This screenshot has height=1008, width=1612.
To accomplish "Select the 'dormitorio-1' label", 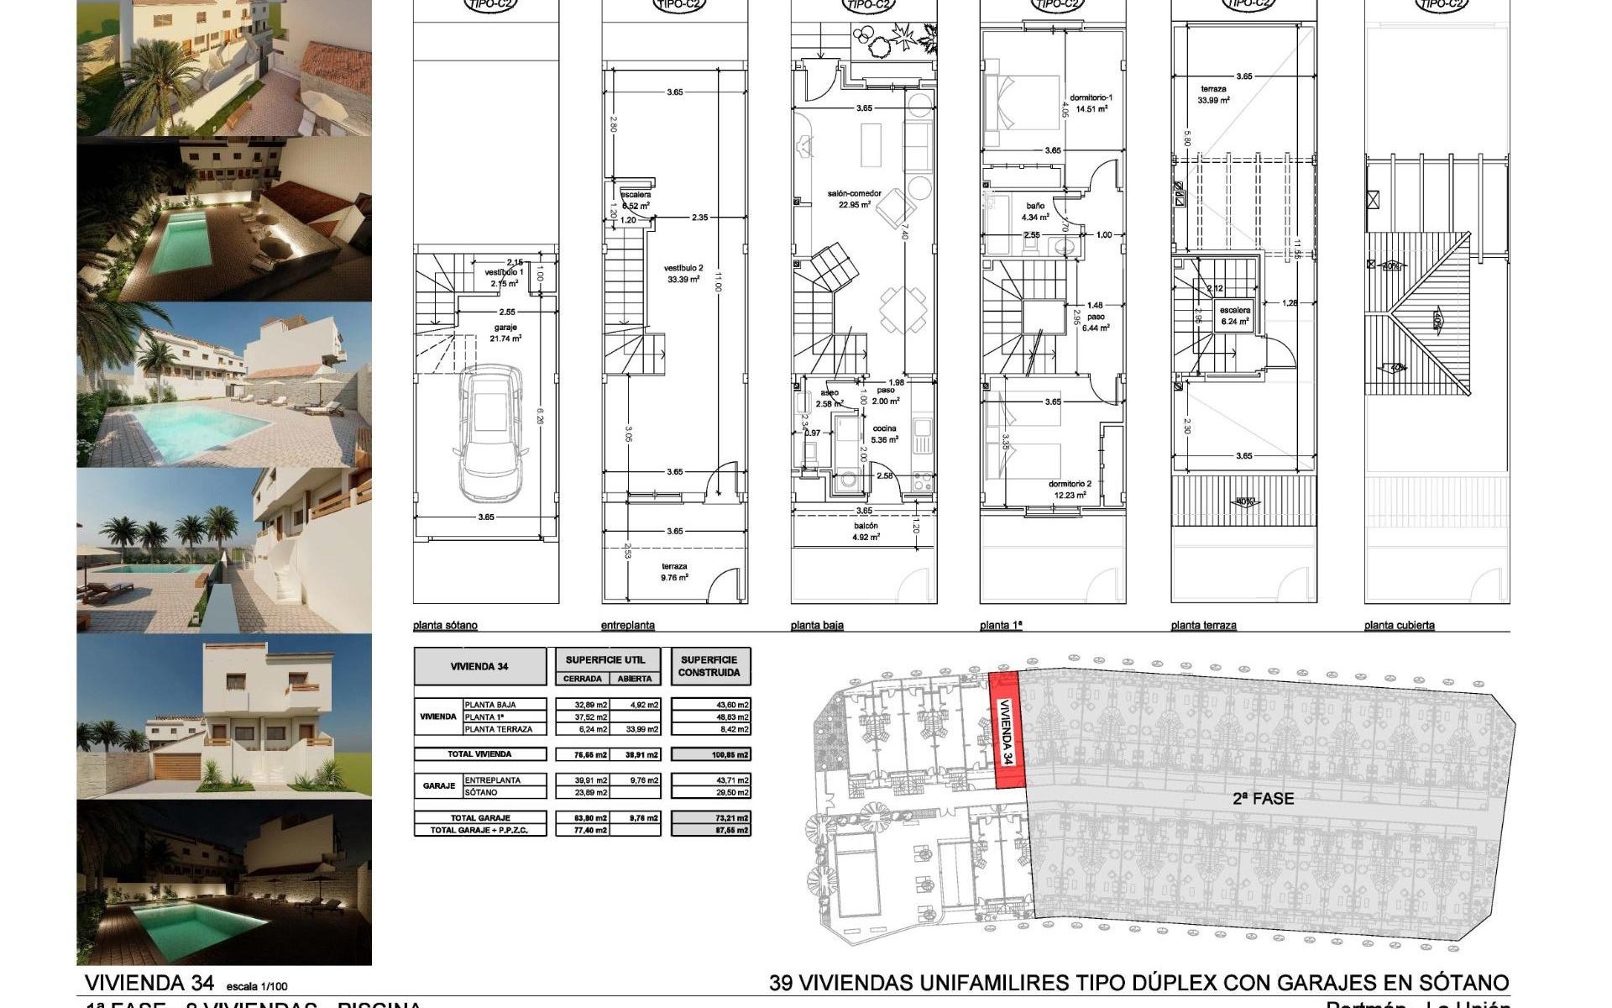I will pos(1091,97).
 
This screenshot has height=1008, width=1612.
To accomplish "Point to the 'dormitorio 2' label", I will pos(1070,484).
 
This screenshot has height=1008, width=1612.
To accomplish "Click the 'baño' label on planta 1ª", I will pos(1034,206).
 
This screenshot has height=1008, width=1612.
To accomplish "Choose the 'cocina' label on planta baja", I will pos(884,428).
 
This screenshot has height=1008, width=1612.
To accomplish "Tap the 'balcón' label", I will pos(866,526).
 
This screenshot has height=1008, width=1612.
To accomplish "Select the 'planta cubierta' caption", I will pos(1399,625).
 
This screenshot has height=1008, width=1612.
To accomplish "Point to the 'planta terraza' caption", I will pos(1203,625).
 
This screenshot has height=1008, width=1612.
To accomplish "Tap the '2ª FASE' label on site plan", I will pos(1263,799).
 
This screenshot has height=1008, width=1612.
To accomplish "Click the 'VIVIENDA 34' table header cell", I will pos(479,666).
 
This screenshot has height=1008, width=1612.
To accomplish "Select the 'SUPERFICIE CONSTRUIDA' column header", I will pos(709,666).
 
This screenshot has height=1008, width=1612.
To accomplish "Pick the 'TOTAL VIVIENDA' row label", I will pos(479,754).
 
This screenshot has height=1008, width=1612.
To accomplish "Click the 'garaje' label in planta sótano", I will pos(505,328).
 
